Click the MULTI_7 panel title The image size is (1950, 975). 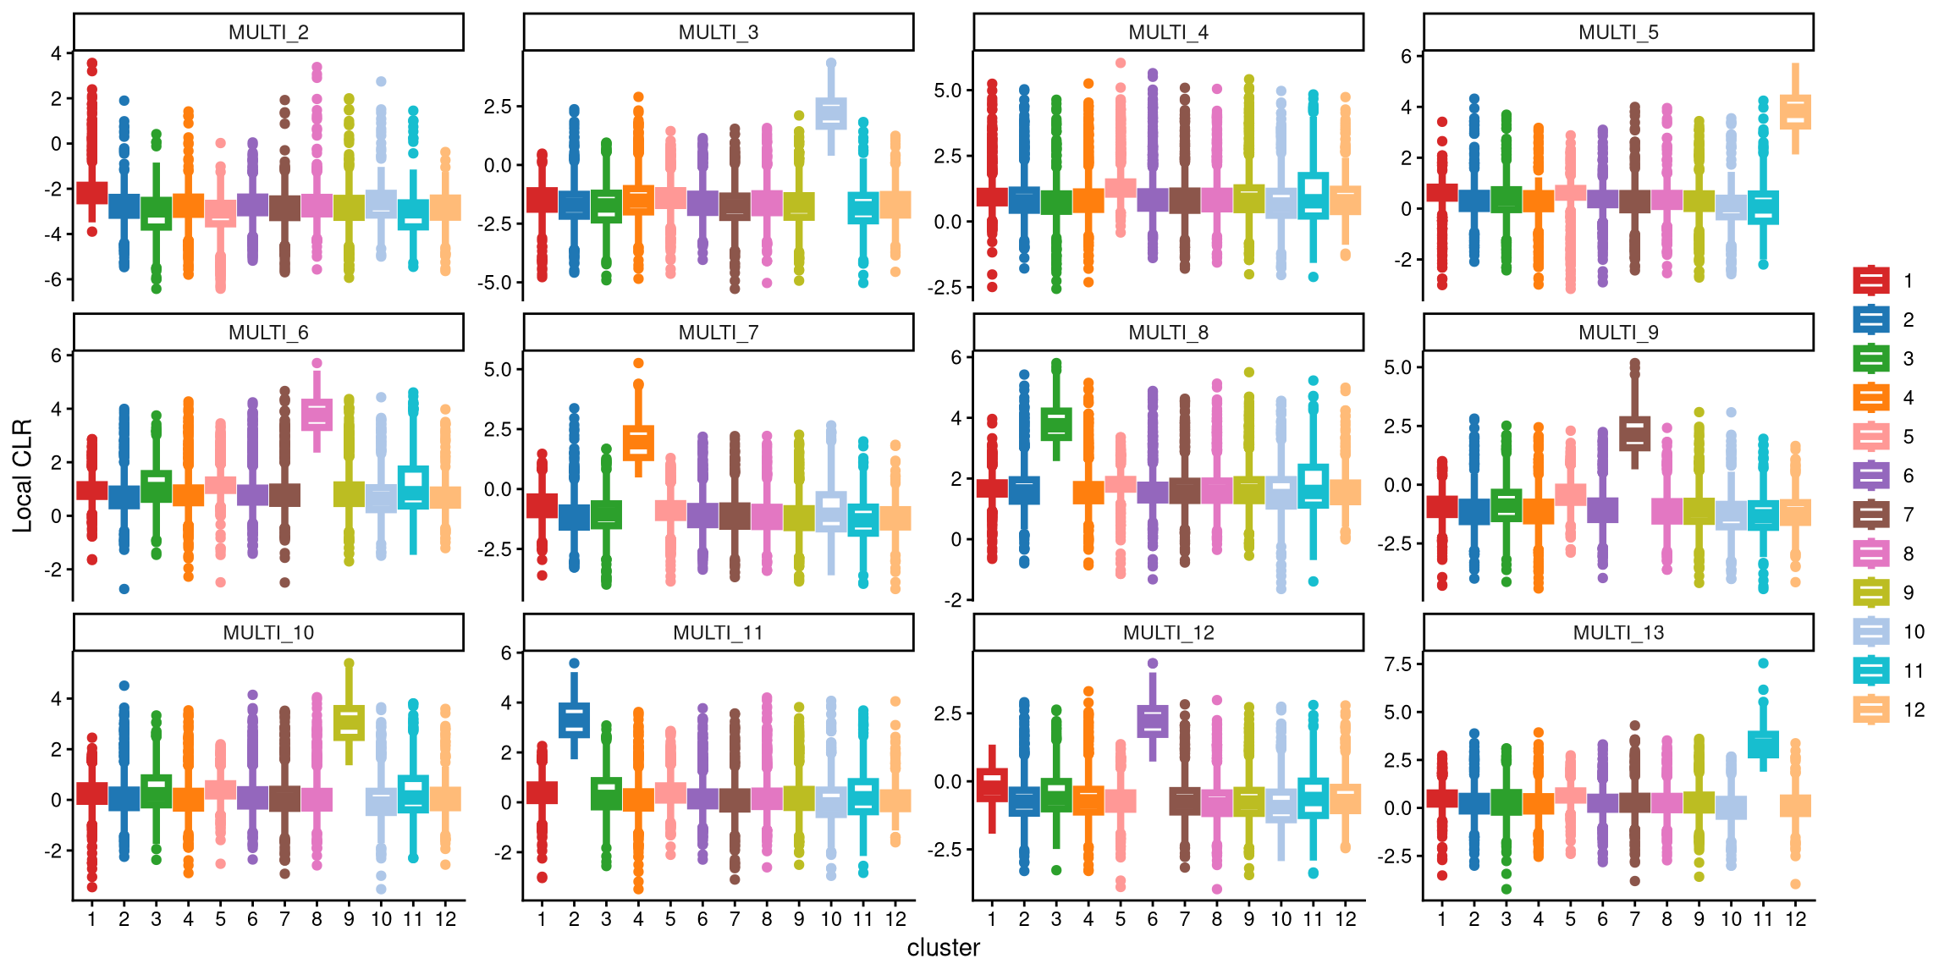point(719,333)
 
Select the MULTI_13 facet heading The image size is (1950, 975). point(1618,633)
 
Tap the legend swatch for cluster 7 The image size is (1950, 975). point(1871,515)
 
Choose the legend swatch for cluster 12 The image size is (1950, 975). point(1871,709)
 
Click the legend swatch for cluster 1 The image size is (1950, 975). point(1871,280)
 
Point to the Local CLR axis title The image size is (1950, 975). point(22,476)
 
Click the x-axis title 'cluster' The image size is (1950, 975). point(944,948)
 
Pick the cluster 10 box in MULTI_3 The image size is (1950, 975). point(831,113)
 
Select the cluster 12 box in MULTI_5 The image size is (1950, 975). point(1795,112)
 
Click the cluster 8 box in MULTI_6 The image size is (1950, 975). point(317,415)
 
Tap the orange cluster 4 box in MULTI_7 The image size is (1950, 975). point(638,443)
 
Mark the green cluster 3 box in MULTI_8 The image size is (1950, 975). point(1056,424)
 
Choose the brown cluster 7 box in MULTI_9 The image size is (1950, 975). point(1634,433)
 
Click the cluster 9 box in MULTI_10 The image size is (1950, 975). point(349,723)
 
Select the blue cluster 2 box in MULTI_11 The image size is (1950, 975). point(574,720)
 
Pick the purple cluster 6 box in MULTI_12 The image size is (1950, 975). point(1152,722)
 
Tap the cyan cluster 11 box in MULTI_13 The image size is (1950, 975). point(1763,745)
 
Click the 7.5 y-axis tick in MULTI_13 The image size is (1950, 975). point(1397,664)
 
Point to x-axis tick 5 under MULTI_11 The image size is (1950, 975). point(670,919)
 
